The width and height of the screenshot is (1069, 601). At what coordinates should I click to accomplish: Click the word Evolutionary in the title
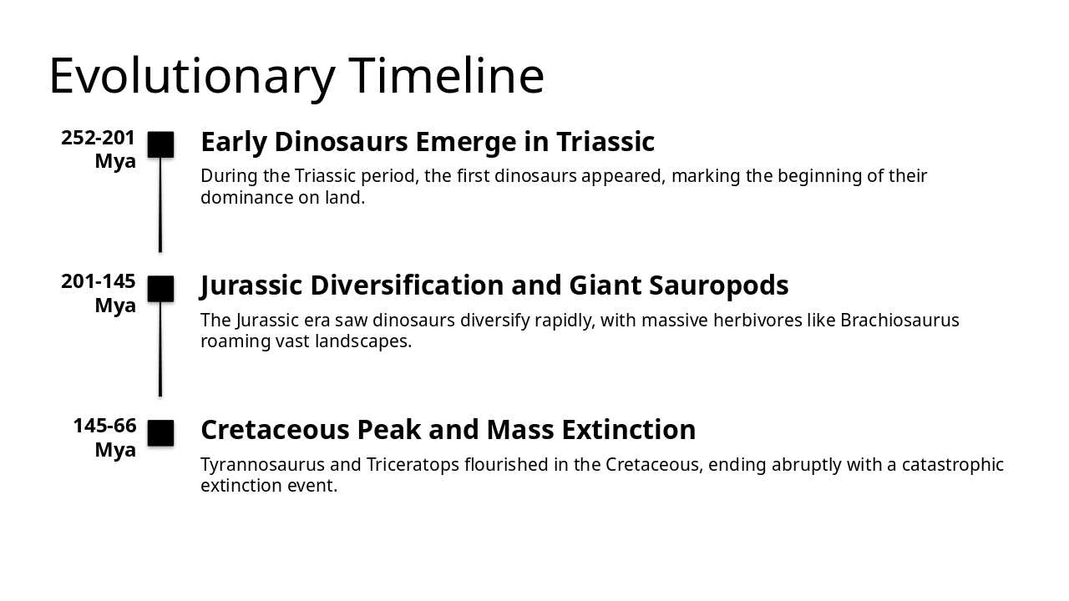(x=191, y=76)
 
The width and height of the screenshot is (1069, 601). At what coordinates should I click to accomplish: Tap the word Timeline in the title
(x=447, y=76)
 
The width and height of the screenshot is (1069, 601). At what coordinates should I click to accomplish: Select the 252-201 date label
(x=99, y=139)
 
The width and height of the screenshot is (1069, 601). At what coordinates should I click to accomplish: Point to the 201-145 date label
(x=99, y=282)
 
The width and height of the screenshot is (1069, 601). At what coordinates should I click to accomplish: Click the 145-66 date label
(x=104, y=426)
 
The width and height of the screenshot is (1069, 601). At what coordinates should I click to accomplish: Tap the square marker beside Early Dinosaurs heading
(x=160, y=144)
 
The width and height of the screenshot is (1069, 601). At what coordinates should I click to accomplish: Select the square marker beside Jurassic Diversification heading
(x=160, y=289)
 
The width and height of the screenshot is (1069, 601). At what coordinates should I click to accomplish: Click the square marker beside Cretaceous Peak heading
(x=160, y=433)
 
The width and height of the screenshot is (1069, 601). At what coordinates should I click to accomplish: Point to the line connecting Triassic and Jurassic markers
(x=160, y=205)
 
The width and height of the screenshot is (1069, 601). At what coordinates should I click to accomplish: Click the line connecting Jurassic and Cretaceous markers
(x=160, y=349)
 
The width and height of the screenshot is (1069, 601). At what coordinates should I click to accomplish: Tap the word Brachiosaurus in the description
(x=899, y=321)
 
